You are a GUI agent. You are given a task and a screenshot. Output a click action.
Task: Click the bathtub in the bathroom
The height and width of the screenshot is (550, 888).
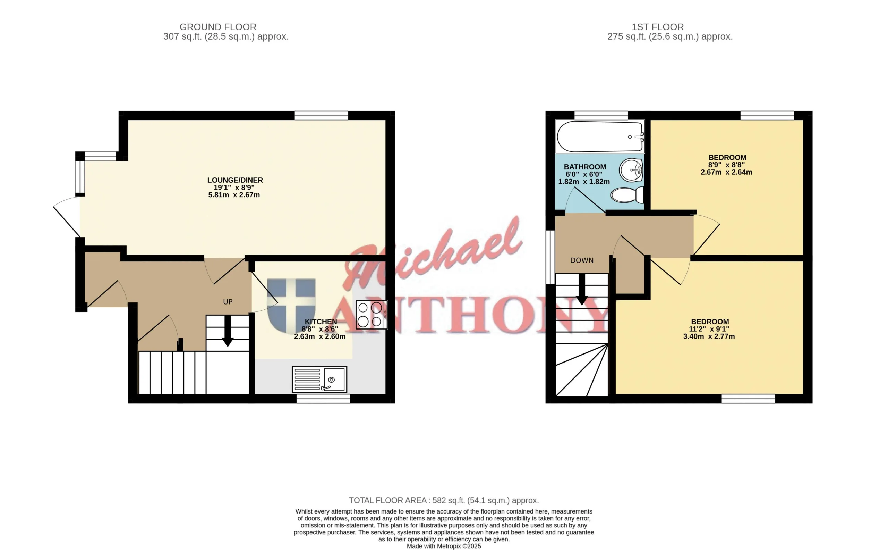[x=600, y=137]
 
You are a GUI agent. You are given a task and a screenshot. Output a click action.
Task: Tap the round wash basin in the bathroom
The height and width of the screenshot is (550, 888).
[x=631, y=170]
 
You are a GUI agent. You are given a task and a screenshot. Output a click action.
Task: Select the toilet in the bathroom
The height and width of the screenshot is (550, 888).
[x=627, y=195]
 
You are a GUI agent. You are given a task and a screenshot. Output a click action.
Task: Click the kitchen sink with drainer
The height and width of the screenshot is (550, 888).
[x=319, y=380]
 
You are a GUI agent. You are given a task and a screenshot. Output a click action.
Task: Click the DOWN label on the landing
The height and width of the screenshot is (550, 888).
[x=582, y=260]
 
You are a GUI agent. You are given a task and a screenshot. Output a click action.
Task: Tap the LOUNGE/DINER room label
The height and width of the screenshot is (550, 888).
[x=235, y=180]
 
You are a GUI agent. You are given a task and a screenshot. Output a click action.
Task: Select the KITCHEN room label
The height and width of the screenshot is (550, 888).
[x=321, y=322]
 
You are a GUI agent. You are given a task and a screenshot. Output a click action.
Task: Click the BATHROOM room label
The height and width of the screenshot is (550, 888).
[x=585, y=167]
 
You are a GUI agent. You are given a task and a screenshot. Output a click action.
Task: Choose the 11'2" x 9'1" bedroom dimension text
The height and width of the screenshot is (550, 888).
[x=709, y=329]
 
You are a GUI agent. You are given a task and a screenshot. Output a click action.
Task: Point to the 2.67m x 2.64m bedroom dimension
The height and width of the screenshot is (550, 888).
[x=726, y=172]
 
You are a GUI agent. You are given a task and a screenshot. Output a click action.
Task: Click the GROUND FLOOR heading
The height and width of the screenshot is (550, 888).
[x=218, y=27]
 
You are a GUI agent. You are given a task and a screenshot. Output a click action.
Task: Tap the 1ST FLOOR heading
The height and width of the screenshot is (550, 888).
[x=658, y=27]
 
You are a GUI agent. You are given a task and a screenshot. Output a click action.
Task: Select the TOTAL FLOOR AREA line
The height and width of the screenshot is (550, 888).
[x=444, y=501]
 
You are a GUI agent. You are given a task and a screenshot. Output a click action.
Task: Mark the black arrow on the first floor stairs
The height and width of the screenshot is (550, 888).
[x=582, y=290]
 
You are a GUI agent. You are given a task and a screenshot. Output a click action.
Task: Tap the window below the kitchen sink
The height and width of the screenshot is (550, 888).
[x=323, y=399]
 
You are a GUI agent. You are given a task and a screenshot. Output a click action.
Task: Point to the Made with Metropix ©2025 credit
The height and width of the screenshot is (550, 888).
[x=444, y=546]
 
